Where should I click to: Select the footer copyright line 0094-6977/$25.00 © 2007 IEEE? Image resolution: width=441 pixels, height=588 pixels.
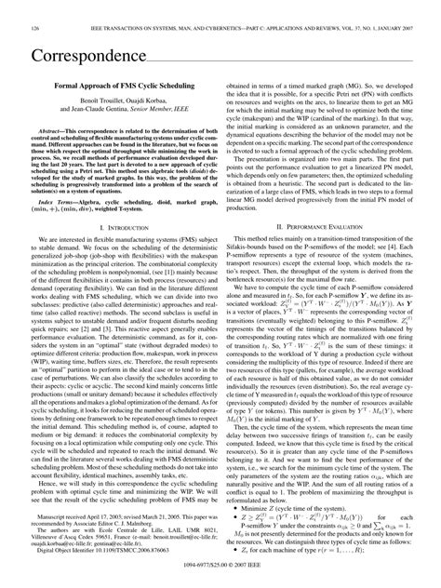220,568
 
